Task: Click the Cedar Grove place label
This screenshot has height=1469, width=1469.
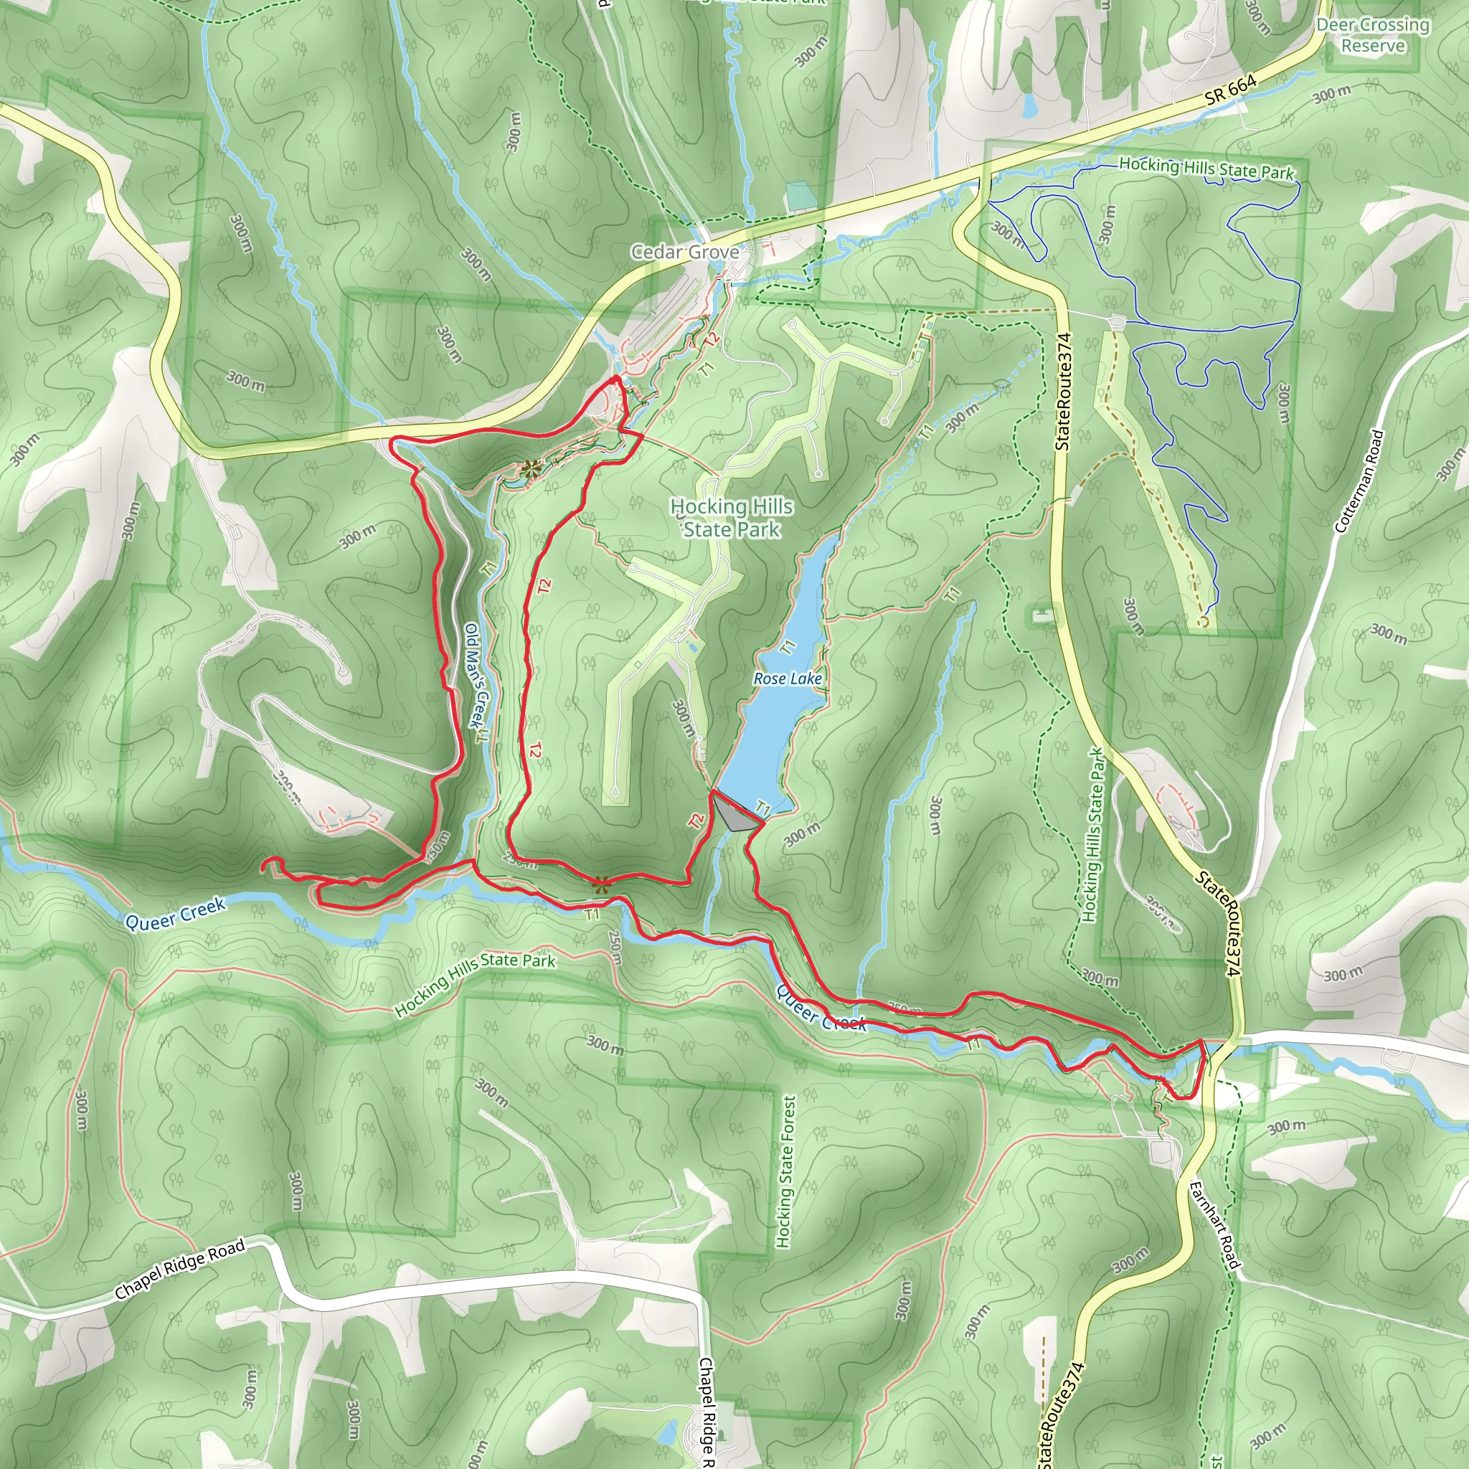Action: click(684, 252)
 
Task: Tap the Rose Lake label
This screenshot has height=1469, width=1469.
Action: click(787, 679)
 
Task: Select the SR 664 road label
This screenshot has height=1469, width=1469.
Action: click(1230, 90)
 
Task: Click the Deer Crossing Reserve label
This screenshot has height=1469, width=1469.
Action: click(1372, 35)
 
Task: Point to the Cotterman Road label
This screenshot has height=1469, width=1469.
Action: click(1359, 481)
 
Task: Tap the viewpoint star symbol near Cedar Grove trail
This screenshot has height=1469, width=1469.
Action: click(531, 469)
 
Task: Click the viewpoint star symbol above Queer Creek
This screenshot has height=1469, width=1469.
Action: click(600, 884)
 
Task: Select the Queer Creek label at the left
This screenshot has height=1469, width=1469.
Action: click(175, 914)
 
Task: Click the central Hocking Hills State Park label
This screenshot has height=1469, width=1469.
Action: click(731, 518)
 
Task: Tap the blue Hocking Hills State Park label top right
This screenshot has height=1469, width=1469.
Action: click(1206, 168)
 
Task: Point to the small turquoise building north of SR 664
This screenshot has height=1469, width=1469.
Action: click(799, 195)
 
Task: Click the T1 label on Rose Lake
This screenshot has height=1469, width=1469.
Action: click(788, 647)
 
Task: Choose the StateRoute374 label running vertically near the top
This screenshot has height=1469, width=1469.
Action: click(1063, 391)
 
